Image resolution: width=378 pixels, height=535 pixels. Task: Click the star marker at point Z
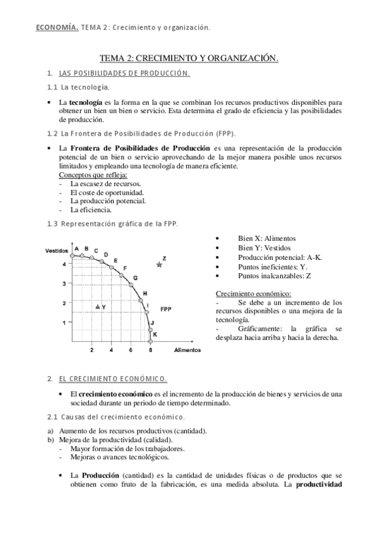(159, 264)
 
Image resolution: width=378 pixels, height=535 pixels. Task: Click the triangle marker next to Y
(97, 307)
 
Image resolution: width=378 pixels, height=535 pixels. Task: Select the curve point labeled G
(131, 285)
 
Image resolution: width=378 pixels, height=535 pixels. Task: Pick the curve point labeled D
(102, 261)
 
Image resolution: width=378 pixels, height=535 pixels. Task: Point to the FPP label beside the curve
(167, 309)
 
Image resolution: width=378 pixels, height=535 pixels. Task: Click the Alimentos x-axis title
(187, 350)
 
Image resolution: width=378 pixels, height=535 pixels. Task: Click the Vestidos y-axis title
(57, 251)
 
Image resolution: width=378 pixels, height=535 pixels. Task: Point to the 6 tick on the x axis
(131, 350)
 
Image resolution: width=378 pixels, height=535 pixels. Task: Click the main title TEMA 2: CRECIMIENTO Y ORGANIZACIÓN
(189, 59)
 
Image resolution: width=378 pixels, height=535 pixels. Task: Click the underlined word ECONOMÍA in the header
(56, 27)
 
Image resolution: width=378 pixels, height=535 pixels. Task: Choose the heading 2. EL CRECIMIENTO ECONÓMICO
(107, 379)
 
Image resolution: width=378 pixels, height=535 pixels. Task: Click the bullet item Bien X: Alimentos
(249, 238)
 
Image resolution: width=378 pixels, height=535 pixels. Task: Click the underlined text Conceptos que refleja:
(93, 174)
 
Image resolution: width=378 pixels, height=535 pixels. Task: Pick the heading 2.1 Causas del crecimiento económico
(116, 418)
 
